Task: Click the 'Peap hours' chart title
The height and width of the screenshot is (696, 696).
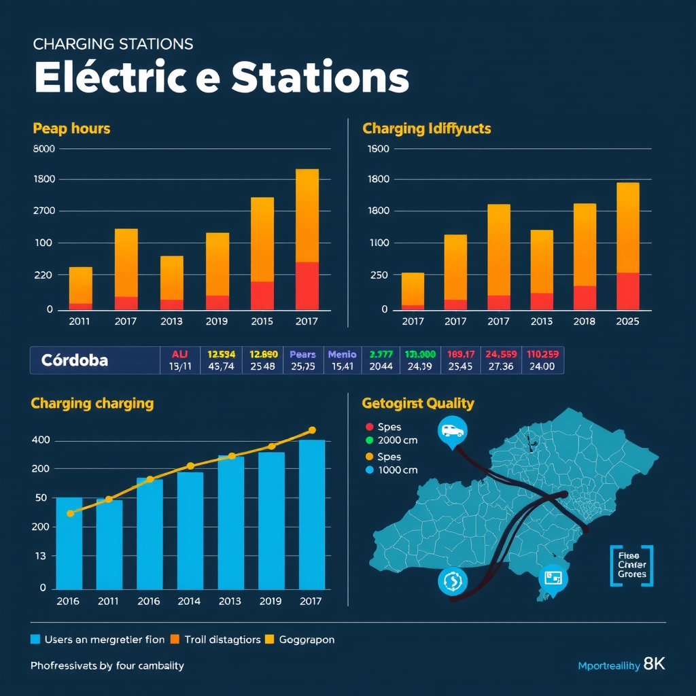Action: click(x=71, y=128)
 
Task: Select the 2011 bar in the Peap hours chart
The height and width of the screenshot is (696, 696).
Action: click(x=80, y=288)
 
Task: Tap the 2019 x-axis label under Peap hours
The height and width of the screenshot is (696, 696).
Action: click(x=217, y=321)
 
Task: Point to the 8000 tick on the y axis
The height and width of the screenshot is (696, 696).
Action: click(x=43, y=149)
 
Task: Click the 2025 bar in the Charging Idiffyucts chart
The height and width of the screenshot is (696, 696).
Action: click(x=627, y=246)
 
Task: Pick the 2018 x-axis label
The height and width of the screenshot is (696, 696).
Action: click(x=585, y=321)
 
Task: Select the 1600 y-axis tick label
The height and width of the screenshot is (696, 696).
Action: click(x=377, y=149)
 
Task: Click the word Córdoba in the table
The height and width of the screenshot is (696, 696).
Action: click(x=74, y=360)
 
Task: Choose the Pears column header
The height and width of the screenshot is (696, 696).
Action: click(x=302, y=354)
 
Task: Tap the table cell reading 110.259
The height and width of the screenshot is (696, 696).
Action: click(x=542, y=354)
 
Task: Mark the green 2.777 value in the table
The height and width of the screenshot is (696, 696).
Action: click(x=381, y=354)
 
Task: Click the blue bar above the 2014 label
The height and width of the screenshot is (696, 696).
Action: click(x=190, y=530)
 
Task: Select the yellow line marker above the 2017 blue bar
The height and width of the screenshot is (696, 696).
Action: click(x=312, y=430)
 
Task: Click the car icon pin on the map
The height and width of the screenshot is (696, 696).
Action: click(x=453, y=431)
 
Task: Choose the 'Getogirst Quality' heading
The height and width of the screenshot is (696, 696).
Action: click(x=418, y=404)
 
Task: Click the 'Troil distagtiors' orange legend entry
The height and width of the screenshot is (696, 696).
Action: click(x=217, y=640)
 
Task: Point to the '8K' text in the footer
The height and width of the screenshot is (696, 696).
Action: click(x=654, y=664)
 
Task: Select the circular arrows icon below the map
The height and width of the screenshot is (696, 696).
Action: click(x=452, y=581)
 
